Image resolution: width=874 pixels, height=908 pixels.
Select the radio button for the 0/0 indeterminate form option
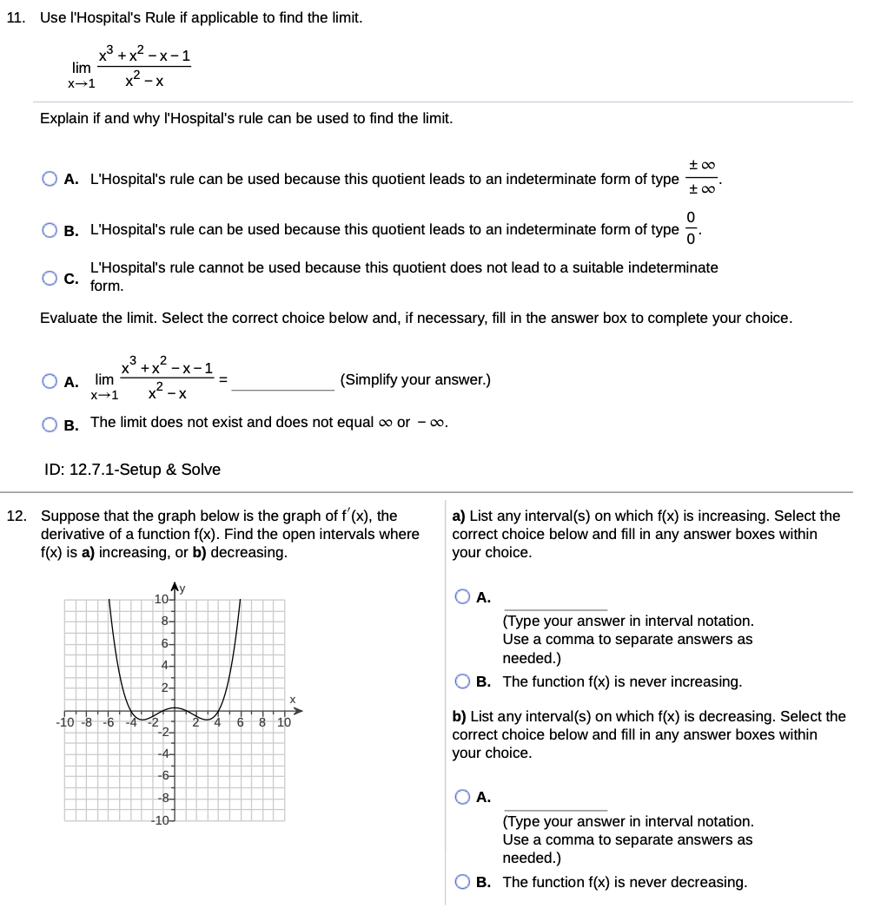point(51,230)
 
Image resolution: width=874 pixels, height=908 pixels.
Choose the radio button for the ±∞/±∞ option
point(51,180)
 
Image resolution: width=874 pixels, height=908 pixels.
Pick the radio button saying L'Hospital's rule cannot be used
point(51,277)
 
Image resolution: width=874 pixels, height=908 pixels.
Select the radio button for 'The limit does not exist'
point(51,423)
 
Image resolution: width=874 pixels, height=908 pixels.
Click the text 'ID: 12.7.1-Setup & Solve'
point(132,470)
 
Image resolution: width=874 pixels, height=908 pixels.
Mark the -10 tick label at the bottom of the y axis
point(159,820)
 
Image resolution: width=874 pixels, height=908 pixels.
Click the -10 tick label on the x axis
point(65,722)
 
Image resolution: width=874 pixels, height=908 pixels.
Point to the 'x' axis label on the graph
point(293,699)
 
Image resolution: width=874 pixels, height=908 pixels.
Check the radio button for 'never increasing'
point(463,682)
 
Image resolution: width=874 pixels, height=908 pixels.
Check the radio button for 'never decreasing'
point(463,883)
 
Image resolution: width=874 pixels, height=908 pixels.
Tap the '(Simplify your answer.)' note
point(415,379)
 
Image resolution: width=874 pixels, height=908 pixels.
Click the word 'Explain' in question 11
point(64,118)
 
